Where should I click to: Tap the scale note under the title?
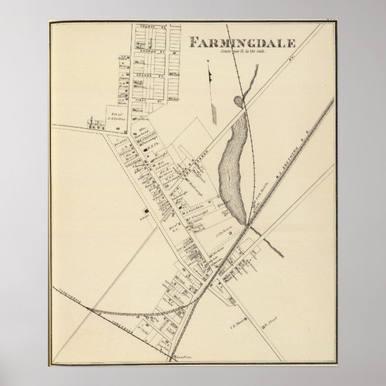tap(238, 52)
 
